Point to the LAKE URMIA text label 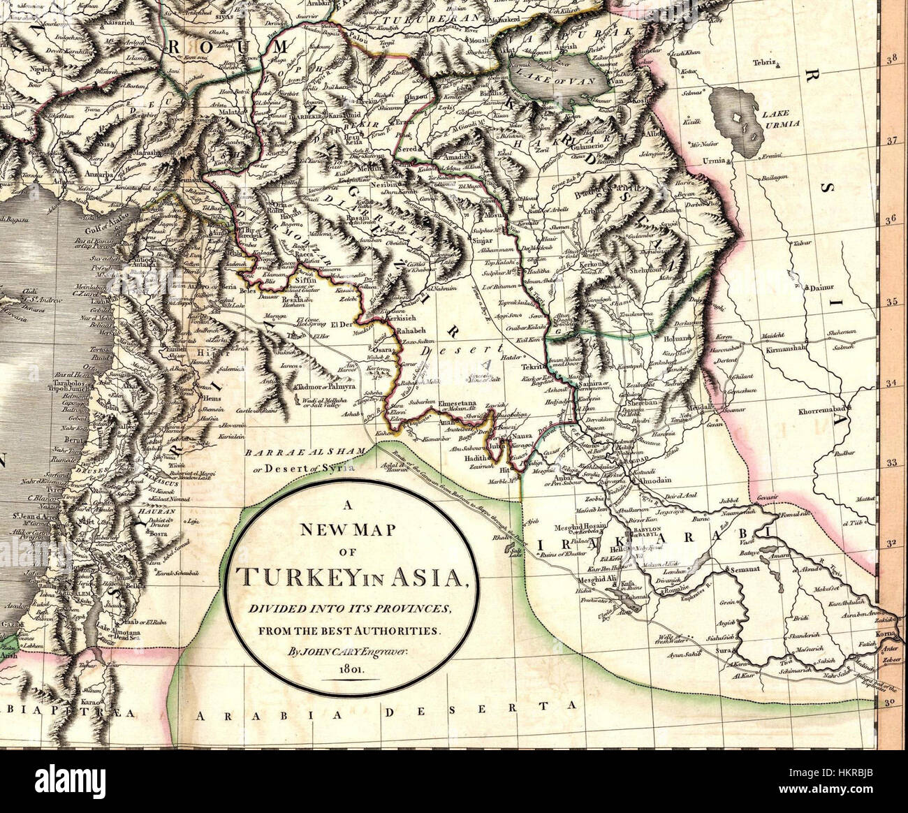click(x=779, y=117)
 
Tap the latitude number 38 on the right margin click(x=891, y=60)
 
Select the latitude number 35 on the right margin click(x=891, y=302)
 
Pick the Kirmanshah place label click(x=786, y=347)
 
